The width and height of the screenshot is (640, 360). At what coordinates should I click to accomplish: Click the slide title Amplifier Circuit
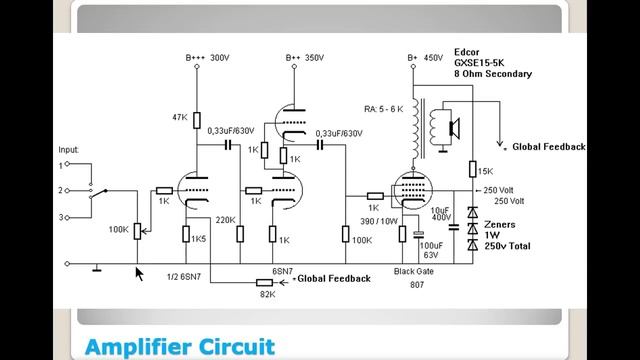pos(180,347)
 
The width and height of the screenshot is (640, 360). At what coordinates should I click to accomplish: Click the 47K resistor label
pos(180,117)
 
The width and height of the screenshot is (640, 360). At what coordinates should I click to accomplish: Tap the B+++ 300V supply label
pos(206,58)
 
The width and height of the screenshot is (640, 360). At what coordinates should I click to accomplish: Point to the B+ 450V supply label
pos(424,58)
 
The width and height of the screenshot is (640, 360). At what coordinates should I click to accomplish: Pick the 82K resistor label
pos(267,294)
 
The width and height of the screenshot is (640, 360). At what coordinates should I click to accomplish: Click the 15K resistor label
pos(487,170)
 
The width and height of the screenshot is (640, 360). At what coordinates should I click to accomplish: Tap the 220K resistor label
pos(225,219)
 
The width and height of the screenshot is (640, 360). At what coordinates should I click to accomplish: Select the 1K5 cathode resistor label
pos(200,239)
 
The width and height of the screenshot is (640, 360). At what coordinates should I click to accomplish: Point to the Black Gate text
pos(415,272)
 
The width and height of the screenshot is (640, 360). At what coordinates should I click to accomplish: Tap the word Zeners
pos(500,224)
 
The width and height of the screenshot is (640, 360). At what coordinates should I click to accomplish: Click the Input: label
pos(69,150)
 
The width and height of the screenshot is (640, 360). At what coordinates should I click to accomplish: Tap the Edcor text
pos(468,52)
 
